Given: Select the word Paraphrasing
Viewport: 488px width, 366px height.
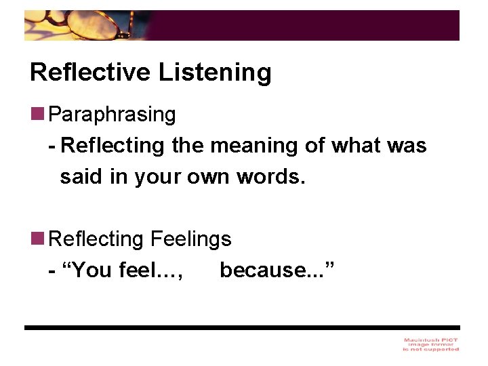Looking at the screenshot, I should [x=113, y=115].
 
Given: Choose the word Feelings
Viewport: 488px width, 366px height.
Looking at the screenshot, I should [x=190, y=239].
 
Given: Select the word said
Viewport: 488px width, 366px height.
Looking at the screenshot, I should [x=77, y=177].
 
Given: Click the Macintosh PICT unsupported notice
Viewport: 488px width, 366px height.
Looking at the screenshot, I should [x=430, y=344].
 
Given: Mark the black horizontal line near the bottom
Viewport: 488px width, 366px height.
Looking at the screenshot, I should [x=242, y=327].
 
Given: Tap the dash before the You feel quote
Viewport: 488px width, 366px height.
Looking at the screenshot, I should [x=52, y=270].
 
